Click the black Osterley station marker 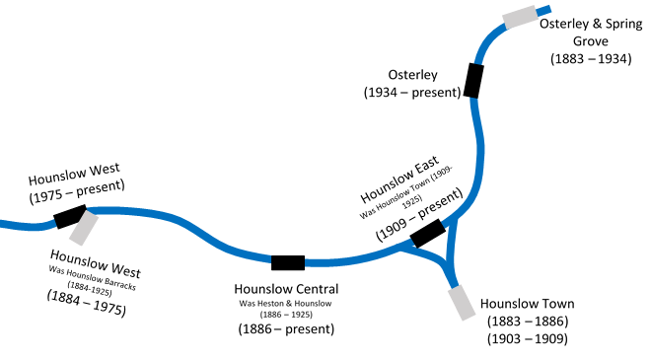tap(473, 81)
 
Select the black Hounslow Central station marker tap(288, 261)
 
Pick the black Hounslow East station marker tap(428, 234)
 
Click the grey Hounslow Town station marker tap(461, 302)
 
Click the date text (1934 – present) tap(411, 93)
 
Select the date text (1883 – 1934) tap(591, 59)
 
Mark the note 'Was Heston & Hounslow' tap(286, 303)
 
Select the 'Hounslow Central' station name tap(286, 289)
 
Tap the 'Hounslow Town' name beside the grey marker tap(527, 304)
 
